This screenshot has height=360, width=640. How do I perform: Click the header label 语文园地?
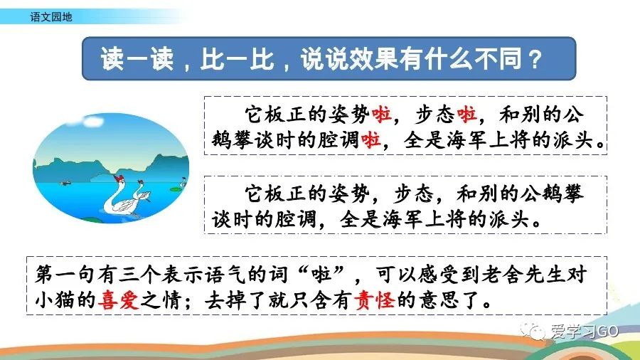(51, 17)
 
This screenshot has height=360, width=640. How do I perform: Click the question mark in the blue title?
(534, 59)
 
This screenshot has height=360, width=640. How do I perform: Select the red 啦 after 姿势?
(381, 115)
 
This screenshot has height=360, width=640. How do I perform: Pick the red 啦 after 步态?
(466, 115)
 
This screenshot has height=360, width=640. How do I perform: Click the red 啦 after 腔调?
(370, 140)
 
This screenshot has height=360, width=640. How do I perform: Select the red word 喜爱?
(118, 300)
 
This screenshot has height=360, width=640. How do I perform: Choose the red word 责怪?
(375, 300)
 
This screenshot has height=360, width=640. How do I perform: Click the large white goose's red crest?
(119, 178)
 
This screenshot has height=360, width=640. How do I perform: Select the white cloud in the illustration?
(93, 121)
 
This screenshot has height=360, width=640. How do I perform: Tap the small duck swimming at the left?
(65, 183)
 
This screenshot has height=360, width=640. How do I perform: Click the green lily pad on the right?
(175, 189)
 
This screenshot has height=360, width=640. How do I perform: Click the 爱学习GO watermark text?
(585, 331)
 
